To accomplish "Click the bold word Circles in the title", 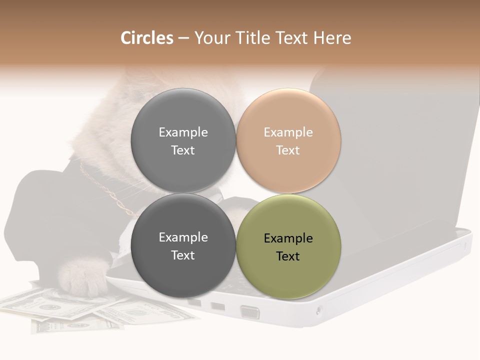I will (146, 38).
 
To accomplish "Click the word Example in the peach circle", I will (288, 132).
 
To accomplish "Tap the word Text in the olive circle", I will (288, 256).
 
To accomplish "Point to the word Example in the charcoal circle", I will (183, 237).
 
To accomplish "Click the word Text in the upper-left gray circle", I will (183, 150).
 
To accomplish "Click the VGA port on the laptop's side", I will (250, 312).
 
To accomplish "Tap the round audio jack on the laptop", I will (318, 311).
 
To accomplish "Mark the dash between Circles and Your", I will (183, 38).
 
